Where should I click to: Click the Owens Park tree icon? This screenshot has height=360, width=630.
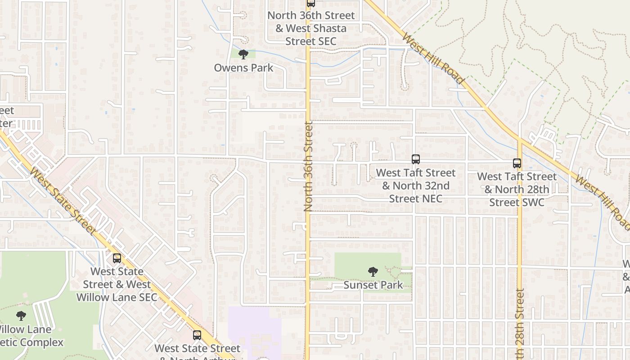243,55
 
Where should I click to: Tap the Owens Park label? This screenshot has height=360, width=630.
243,68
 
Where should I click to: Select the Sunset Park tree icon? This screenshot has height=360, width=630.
373,272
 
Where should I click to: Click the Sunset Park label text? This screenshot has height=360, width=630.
373,285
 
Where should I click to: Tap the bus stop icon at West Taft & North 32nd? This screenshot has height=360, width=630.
415,159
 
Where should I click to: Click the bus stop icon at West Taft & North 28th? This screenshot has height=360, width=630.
517,163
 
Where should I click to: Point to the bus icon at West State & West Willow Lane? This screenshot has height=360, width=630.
117,258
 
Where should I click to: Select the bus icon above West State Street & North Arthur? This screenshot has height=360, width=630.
197,335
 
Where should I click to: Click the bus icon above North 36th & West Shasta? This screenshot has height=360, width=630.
310,3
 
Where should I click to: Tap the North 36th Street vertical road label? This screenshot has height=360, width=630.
308,166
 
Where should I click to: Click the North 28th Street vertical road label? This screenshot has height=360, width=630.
520,324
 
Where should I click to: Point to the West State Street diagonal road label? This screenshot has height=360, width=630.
63,201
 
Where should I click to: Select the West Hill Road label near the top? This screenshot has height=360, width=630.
433,58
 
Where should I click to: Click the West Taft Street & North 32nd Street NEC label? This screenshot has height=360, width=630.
415,185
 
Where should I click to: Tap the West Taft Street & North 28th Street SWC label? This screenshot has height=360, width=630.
517,189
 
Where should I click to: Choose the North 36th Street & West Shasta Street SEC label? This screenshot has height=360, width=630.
311,28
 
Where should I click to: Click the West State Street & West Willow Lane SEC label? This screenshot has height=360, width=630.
117,284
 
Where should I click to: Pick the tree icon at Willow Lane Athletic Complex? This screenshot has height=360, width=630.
21,315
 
